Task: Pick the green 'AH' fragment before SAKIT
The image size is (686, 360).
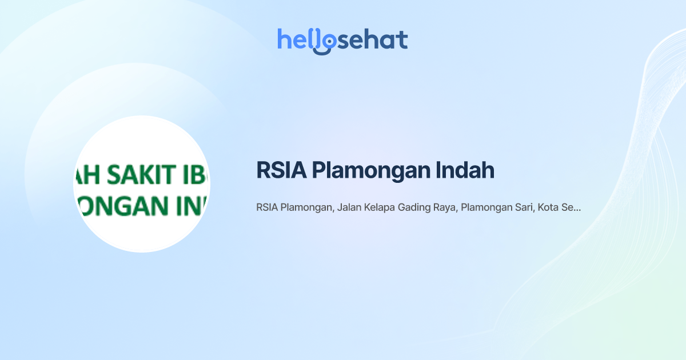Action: (85, 175)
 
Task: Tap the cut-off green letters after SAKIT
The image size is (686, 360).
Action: (194, 175)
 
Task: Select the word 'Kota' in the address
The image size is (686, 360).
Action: (547, 208)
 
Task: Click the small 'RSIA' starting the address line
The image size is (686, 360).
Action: (266, 208)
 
